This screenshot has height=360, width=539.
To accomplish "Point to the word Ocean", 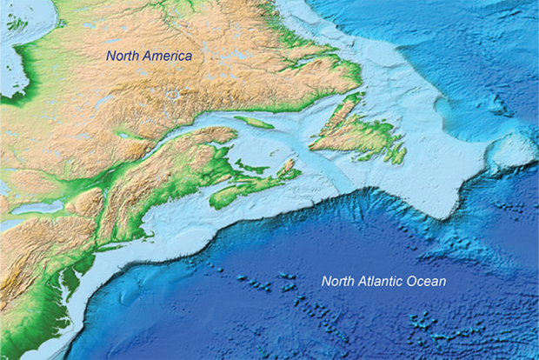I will [x=428, y=281].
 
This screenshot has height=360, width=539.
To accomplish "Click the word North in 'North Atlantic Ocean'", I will [x=339, y=281].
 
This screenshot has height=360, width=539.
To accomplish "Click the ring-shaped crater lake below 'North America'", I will [x=174, y=94].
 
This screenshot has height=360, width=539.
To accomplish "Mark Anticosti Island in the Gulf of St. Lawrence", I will [x=254, y=123].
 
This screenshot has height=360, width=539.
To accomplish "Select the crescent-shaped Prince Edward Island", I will [x=252, y=165].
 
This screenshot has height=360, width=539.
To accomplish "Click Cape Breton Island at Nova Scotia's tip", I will [x=286, y=165].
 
